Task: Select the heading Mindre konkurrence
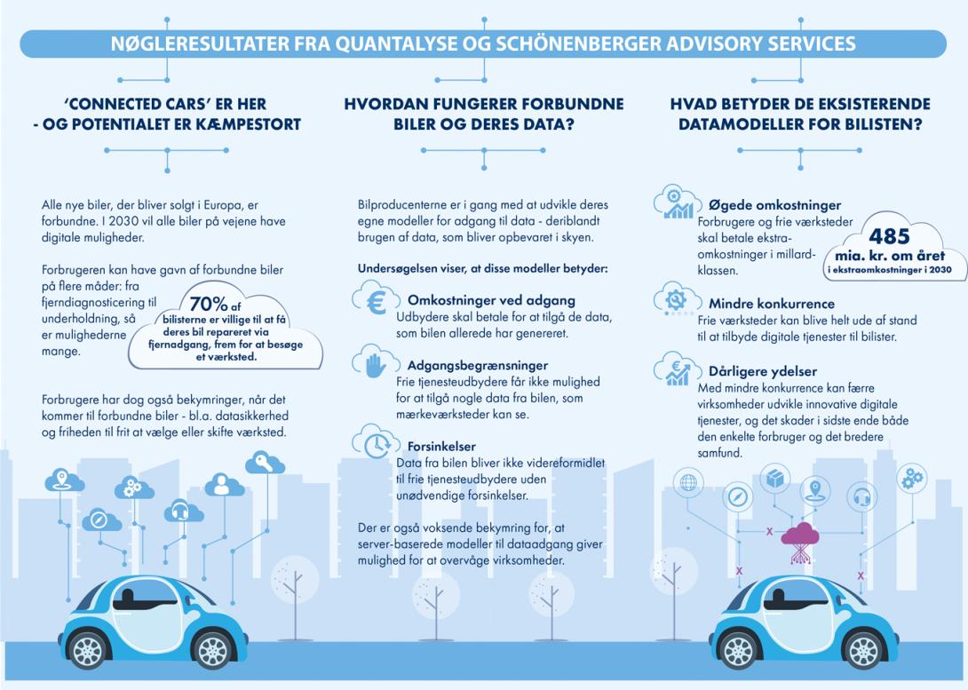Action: click(x=771, y=303)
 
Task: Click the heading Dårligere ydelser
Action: click(x=762, y=371)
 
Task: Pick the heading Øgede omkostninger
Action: click(x=774, y=205)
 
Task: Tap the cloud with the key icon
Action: click(x=266, y=463)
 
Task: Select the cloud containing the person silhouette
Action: click(x=224, y=485)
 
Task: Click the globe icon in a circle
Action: click(x=687, y=484)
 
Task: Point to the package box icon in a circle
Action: click(x=775, y=478)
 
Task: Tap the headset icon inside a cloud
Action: click(x=181, y=511)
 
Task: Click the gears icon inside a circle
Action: click(x=912, y=479)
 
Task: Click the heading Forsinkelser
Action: click(x=441, y=447)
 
